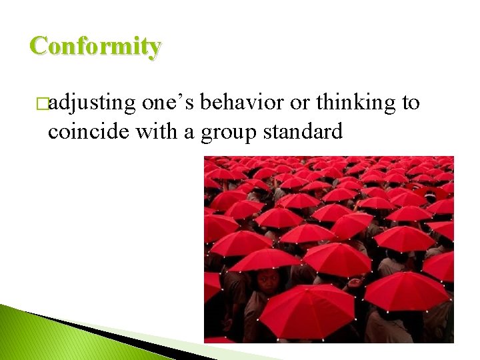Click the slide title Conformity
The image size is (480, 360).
point(95,46)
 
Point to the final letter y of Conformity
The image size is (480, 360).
point(154,49)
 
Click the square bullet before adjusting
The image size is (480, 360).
point(43,104)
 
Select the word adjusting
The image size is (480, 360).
point(92,103)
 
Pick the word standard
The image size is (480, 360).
point(303,131)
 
